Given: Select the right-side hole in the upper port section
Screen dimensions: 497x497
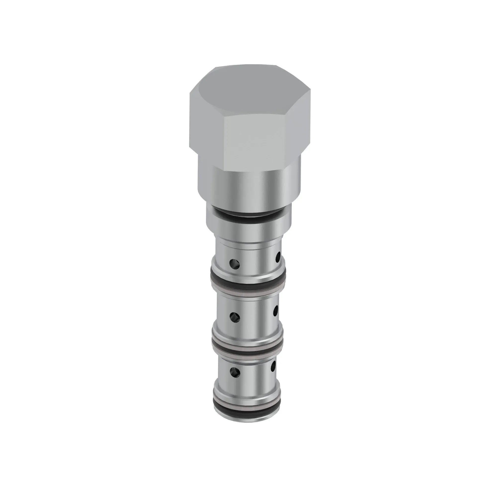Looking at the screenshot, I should tap(278, 257).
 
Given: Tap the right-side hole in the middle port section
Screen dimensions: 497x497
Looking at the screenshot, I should tap(276, 311).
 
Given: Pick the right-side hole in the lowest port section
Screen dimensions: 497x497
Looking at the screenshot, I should tap(273, 365).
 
